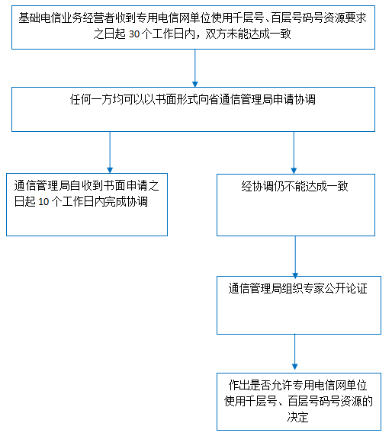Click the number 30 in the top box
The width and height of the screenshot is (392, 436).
pos(134,34)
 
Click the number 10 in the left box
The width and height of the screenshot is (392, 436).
pos(43,202)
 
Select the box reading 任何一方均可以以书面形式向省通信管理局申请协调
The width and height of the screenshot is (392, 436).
pos(193,109)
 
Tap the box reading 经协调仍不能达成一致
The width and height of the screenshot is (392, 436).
pos(296,205)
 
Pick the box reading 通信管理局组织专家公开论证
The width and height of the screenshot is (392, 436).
pos(299,305)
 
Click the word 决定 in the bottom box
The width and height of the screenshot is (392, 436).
pos(297,417)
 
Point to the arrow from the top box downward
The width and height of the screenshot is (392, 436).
pos(195,68)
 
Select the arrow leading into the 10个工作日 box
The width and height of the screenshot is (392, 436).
pos(110,152)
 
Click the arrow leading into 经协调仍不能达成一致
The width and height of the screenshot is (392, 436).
pos(294,152)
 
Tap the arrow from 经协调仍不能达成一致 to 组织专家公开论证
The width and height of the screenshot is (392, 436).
pos(295,256)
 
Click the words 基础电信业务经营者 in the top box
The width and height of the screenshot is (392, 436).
pos(66,18)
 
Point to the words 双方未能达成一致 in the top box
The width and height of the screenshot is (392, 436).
pos(248,34)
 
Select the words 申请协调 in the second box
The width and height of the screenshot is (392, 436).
pos(294,100)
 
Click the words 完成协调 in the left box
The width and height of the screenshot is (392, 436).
pos(127,202)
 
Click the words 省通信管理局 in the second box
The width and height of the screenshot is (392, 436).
pos(235,100)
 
